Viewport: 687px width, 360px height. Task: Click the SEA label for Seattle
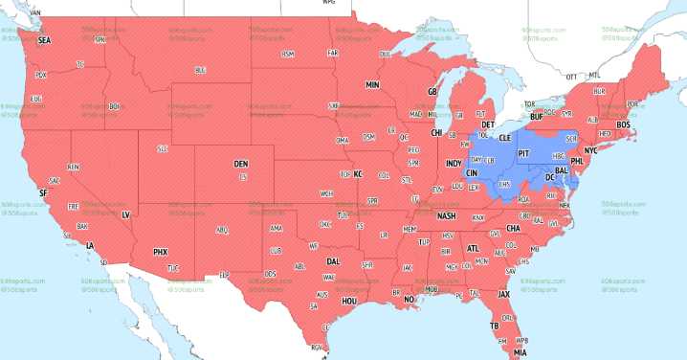[44, 41]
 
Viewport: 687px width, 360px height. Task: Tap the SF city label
[42, 192]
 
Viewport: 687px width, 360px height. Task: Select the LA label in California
[90, 246]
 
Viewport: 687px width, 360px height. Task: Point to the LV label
[125, 215]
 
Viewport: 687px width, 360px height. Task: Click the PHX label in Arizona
[161, 252]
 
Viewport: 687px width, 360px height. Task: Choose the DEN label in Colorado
[241, 164]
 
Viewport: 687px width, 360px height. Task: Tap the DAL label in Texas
[333, 260]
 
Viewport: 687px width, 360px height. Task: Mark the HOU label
[349, 300]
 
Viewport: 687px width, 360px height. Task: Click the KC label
[359, 174]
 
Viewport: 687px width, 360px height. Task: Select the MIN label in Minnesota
[373, 85]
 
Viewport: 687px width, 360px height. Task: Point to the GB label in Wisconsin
[432, 92]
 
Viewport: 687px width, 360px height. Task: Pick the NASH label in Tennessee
[446, 216]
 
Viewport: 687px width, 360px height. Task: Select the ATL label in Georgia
[473, 248]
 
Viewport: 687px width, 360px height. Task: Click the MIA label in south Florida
[520, 351]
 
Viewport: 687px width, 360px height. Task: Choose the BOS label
[623, 124]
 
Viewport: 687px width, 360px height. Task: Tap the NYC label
[590, 151]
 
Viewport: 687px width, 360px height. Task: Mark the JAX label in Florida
[503, 294]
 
